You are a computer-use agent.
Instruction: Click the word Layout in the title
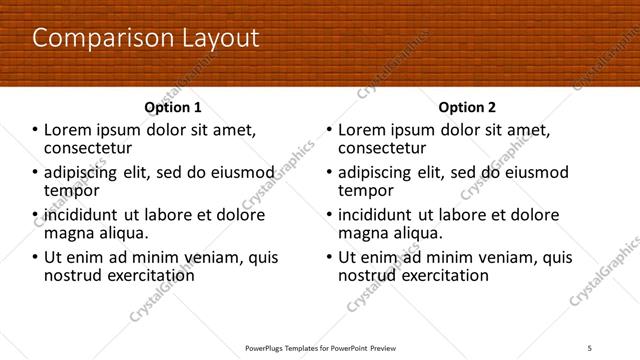tap(220, 39)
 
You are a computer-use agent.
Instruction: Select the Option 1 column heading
tap(173, 107)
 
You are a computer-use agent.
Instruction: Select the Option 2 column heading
tap(466, 107)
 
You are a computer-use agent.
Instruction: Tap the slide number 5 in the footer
tap(590, 346)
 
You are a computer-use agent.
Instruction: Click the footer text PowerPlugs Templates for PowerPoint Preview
tap(320, 346)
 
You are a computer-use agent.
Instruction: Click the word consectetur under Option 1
tap(89, 148)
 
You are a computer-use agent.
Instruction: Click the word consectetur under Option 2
tap(383, 148)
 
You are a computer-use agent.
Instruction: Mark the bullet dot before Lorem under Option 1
tap(35, 131)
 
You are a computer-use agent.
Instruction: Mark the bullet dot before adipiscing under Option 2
tap(329, 173)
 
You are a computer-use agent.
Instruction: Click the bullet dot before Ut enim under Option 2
tap(329, 258)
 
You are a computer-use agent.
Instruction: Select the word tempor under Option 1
tap(72, 190)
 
